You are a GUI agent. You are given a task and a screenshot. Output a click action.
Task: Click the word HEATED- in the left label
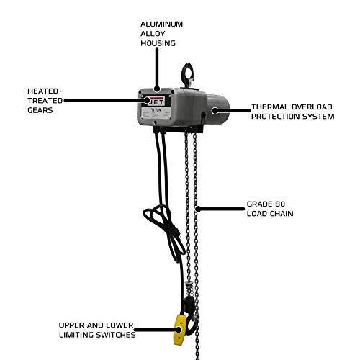[44, 91]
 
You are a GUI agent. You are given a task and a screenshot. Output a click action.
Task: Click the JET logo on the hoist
[158, 102]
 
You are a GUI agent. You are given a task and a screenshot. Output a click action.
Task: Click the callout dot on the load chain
[198, 209]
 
